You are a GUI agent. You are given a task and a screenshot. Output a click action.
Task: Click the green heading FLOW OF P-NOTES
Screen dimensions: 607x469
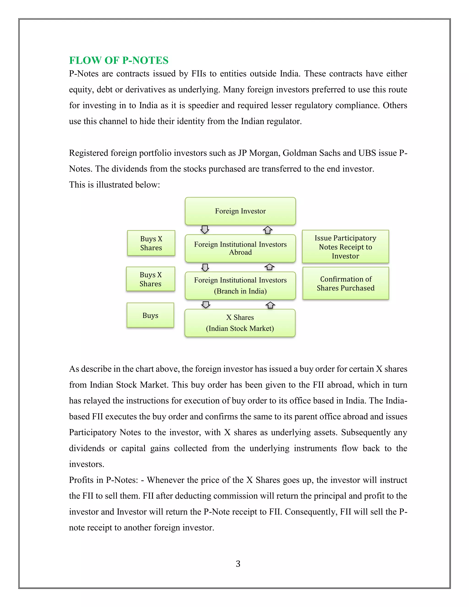coord(119,60)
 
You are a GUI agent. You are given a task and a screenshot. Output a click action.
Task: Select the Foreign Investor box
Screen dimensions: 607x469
coord(240,211)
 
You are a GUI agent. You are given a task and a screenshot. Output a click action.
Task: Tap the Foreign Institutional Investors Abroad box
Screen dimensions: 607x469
coord(240,248)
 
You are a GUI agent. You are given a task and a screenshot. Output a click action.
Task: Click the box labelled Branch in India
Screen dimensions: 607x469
coord(240,285)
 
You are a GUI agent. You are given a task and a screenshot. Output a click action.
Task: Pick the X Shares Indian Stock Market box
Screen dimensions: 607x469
coord(240,323)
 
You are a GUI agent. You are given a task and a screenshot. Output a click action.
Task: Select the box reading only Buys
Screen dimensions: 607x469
coord(150,315)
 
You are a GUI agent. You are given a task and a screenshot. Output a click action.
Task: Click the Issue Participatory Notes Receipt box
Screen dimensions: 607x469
coord(345,246)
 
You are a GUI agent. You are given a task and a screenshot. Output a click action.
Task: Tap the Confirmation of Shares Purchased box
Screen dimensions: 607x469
coord(346,283)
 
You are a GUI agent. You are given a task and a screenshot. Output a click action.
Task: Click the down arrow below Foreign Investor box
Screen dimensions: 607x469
coord(205,230)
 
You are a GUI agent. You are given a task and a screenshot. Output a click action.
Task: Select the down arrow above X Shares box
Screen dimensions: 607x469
coord(206,305)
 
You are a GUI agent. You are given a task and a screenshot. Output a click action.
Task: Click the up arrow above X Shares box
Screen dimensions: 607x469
coord(270,305)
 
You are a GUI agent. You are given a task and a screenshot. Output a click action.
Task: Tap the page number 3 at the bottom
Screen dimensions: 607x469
coord(238,564)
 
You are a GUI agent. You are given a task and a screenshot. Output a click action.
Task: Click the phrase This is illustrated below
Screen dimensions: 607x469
coord(114,185)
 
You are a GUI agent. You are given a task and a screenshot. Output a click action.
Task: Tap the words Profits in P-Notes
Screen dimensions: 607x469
coord(103,480)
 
